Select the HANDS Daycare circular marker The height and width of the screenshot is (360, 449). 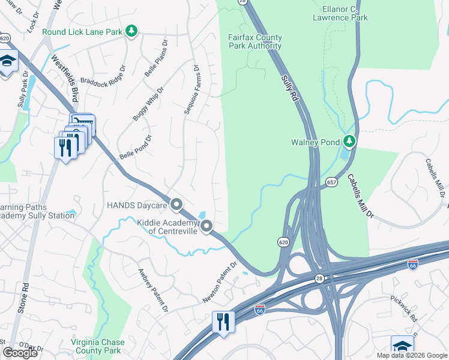(x=176, y=205)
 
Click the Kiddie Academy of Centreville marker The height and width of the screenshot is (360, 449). (x=206, y=226)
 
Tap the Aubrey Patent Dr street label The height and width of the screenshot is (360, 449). (x=152, y=290)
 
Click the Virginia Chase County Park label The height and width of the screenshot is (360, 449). (x=98, y=346)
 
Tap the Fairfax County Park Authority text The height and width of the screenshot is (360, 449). (x=255, y=42)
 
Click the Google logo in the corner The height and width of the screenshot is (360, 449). (x=20, y=353)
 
